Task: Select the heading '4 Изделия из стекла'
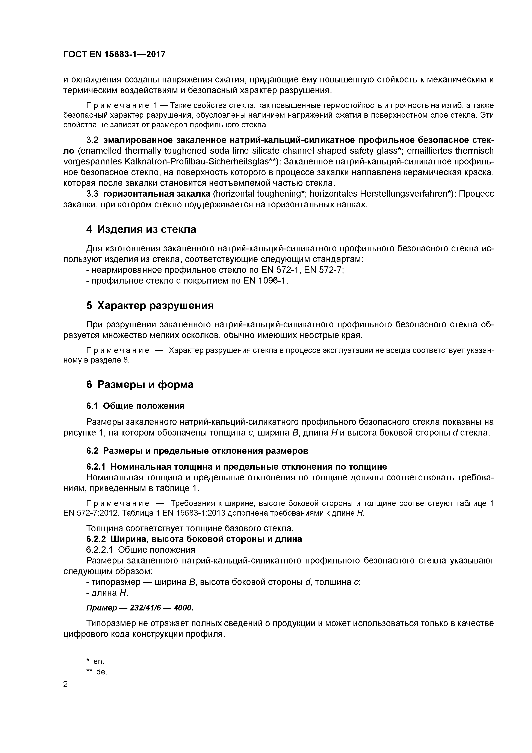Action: [x=141, y=229]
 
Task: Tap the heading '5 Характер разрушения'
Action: [x=150, y=306]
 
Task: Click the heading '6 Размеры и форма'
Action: [x=140, y=384]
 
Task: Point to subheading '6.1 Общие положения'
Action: [x=135, y=406]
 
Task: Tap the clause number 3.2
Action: [x=92, y=140]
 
